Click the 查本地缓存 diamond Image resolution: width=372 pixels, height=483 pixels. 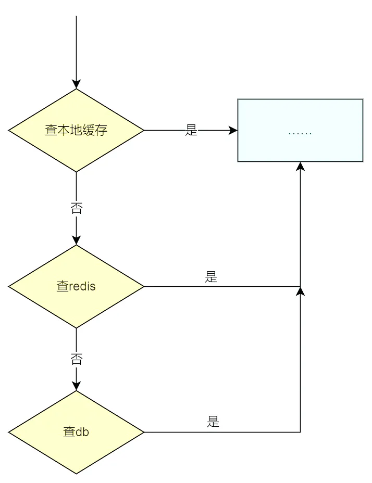tap(76, 130)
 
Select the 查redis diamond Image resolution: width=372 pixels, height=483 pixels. tap(76, 286)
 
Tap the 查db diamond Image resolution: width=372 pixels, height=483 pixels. tap(76, 432)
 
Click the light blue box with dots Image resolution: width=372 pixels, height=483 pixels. tap(300, 130)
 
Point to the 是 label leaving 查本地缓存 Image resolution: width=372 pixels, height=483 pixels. tap(191, 130)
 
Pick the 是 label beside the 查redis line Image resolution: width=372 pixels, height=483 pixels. tap(210, 277)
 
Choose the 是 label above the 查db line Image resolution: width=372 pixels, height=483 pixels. tap(213, 422)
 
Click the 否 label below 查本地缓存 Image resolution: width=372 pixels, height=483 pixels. tap(76, 209)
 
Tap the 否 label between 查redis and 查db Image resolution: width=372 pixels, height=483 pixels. tap(76, 359)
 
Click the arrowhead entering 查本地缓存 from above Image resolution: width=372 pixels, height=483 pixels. tap(76, 84)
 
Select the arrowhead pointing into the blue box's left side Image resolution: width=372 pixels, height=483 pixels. tap(233, 130)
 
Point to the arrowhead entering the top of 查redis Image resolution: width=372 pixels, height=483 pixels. tap(76, 240)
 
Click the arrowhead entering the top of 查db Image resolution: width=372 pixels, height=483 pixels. tap(76, 386)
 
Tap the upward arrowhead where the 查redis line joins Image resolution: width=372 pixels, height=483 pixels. tap(300, 291)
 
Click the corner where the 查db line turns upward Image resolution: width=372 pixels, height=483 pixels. tap(300, 432)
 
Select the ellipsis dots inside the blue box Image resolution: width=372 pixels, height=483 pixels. tap(300, 133)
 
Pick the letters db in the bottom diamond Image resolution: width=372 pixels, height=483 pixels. tap(82, 432)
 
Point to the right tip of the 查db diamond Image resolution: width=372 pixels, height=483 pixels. tap(143, 432)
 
